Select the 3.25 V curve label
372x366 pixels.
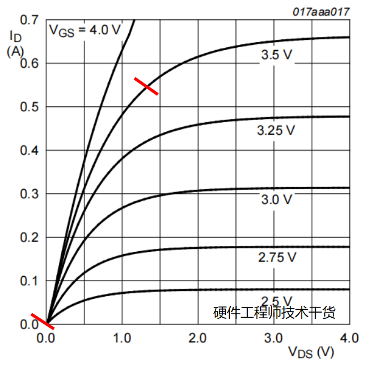(x=276, y=130)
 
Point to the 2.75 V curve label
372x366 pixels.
(x=277, y=257)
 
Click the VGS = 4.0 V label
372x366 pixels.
(x=85, y=30)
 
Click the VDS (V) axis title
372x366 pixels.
(x=311, y=352)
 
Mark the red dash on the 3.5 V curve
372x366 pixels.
(x=146, y=86)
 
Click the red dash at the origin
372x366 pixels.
(x=43, y=321)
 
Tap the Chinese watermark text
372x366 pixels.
(x=274, y=313)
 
